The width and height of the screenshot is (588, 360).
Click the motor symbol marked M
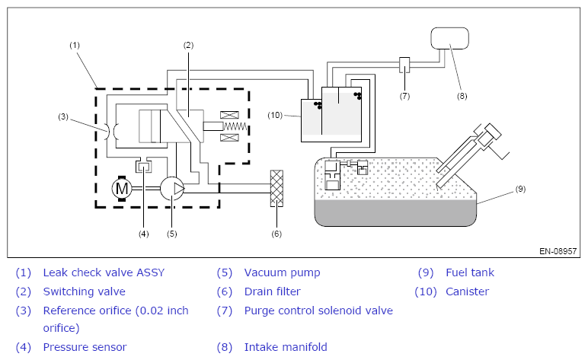122,189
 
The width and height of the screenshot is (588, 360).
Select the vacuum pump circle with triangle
172,189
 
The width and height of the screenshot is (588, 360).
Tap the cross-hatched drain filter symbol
276,188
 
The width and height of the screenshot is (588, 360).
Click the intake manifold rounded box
449,38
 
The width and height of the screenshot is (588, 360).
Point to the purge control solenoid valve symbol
404,65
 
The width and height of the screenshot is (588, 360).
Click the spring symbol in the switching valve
235,126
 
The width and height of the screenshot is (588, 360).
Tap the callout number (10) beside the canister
275,115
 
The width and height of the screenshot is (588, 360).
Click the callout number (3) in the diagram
63,116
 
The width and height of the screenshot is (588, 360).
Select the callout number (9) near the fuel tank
520,189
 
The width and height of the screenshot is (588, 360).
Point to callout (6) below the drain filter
276,234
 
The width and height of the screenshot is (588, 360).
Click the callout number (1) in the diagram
75,45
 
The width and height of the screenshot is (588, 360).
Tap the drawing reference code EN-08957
558,251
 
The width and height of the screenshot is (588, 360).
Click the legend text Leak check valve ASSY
104,272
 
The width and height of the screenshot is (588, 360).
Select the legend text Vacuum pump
283,272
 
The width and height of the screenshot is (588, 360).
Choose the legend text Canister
467,292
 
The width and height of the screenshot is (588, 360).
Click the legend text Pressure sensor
85,347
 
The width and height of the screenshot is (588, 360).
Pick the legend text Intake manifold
286,347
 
